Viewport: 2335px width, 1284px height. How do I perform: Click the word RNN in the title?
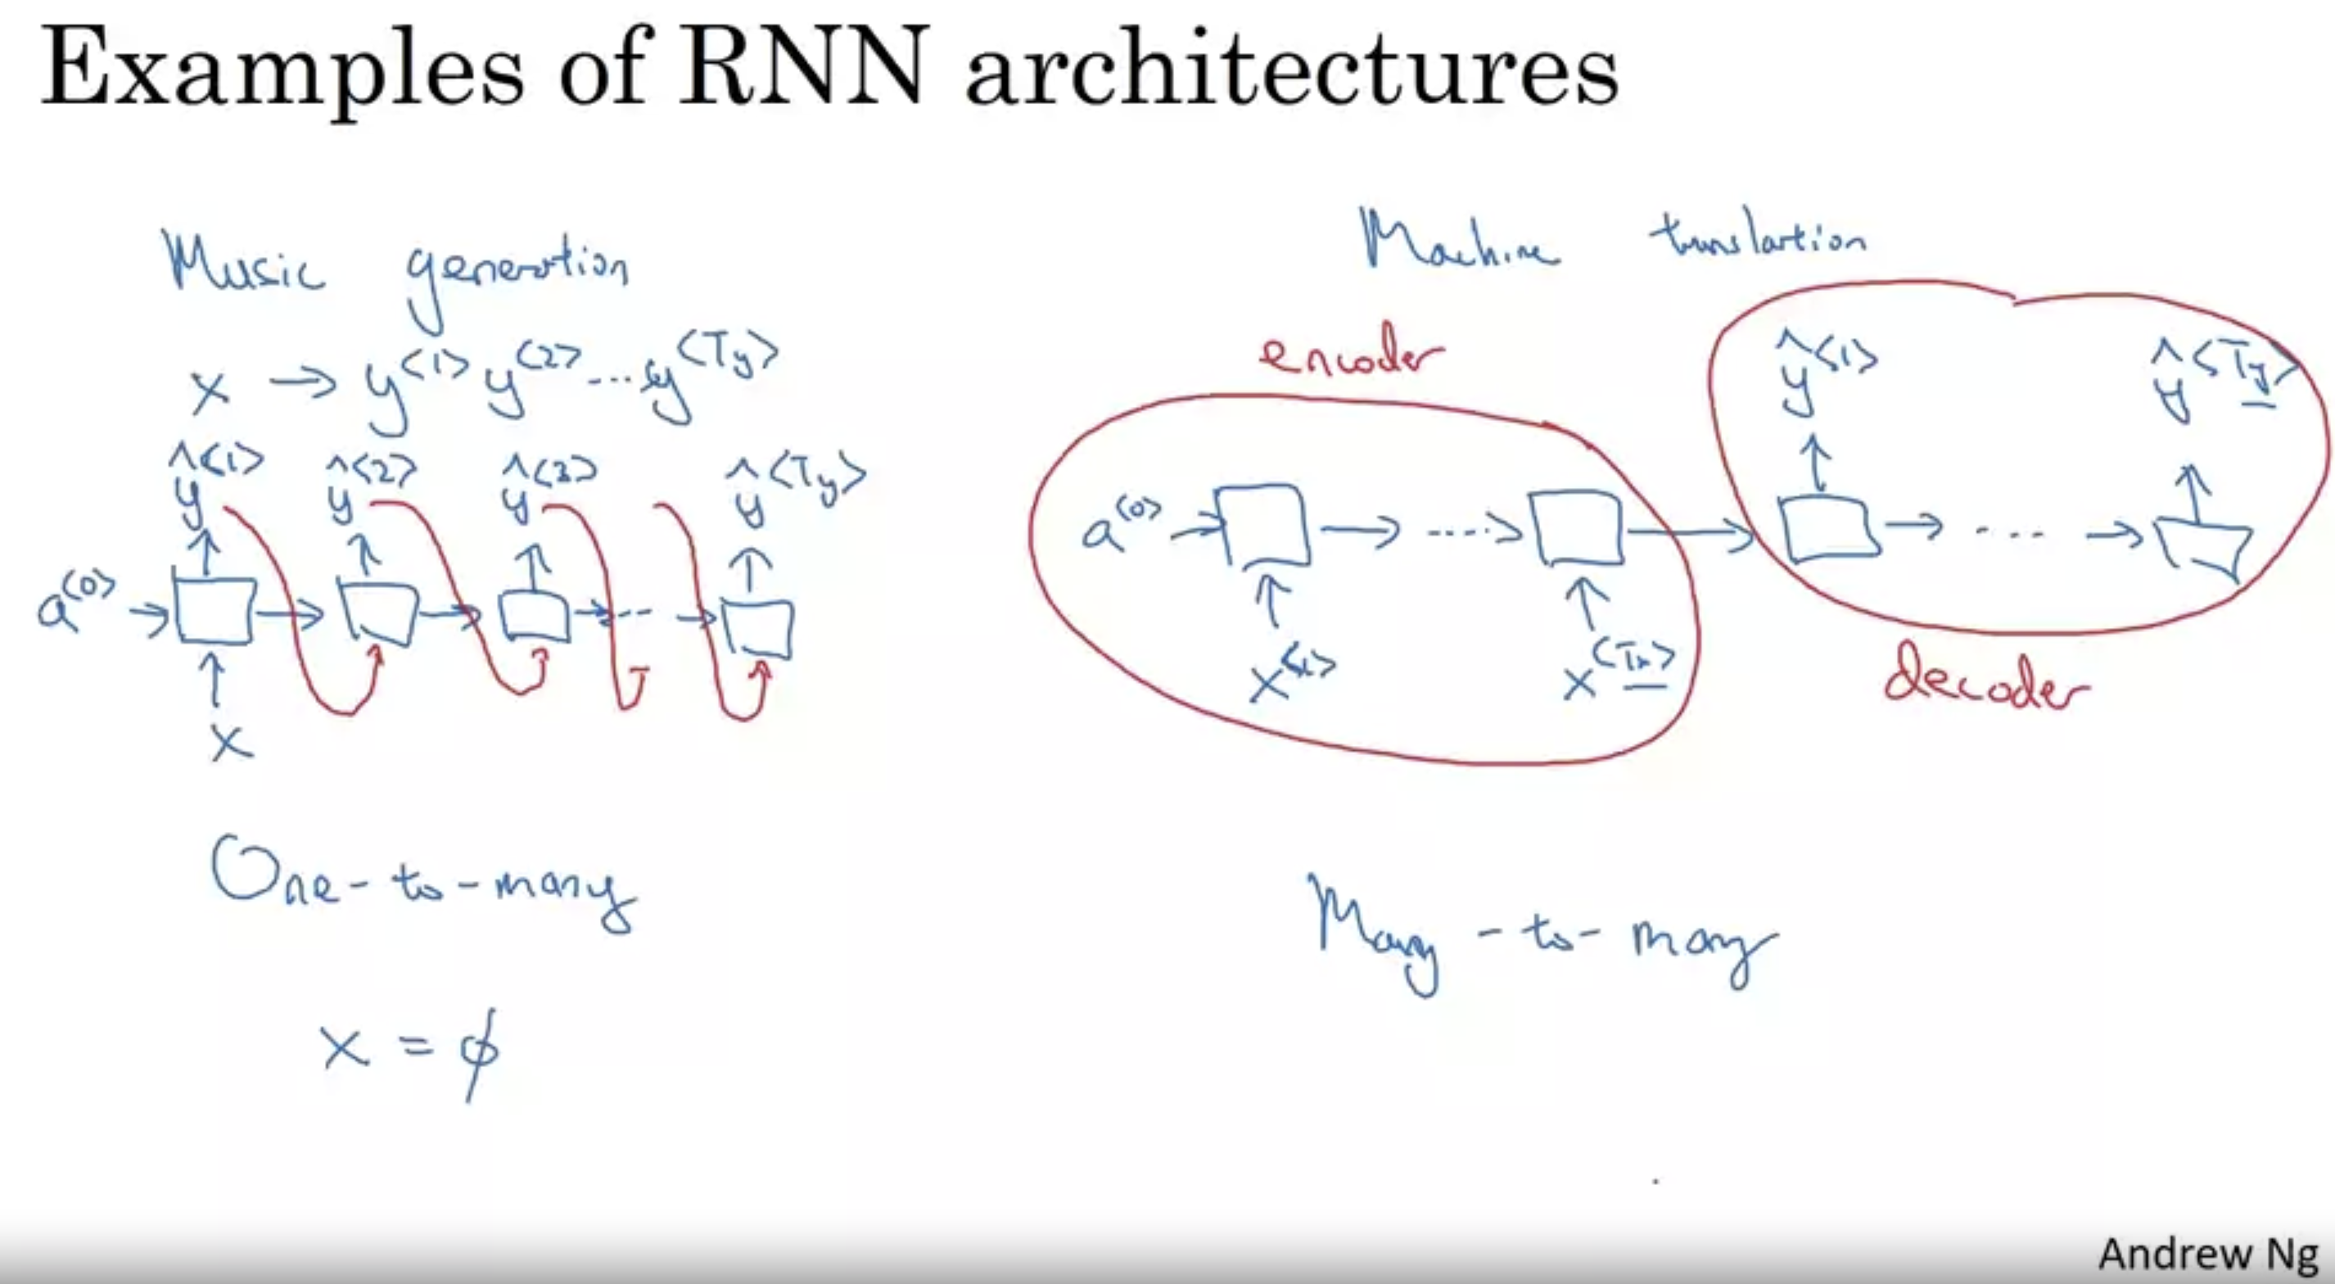[x=803, y=67]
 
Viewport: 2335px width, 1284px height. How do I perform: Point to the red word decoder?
[x=1985, y=685]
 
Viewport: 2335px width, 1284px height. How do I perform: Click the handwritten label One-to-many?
[x=422, y=884]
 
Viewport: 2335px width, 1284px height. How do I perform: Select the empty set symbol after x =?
[x=477, y=1052]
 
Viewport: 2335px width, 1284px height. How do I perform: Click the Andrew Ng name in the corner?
[x=2207, y=1254]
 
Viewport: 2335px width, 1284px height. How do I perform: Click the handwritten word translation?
[x=1758, y=239]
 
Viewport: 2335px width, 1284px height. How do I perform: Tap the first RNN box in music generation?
[x=214, y=612]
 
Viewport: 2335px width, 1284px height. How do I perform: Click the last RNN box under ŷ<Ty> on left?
[x=759, y=627]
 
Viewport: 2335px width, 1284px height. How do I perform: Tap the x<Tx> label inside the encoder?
[x=1619, y=676]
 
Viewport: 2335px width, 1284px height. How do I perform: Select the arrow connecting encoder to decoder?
[x=1691, y=533]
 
